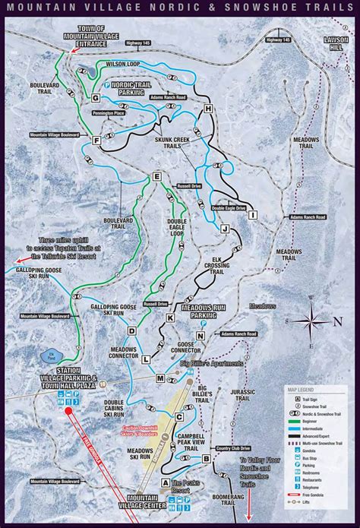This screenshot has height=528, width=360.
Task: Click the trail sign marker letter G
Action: pyautogui.click(x=96, y=98)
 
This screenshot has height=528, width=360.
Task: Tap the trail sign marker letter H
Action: pyautogui.click(x=207, y=110)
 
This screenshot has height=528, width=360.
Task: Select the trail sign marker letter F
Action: pyautogui.click(x=96, y=140)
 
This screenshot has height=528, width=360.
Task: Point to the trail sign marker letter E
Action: pyautogui.click(x=156, y=177)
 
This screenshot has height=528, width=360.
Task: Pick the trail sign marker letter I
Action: pyautogui.click(x=252, y=215)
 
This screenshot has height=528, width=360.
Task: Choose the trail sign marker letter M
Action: pyautogui.click(x=160, y=378)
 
